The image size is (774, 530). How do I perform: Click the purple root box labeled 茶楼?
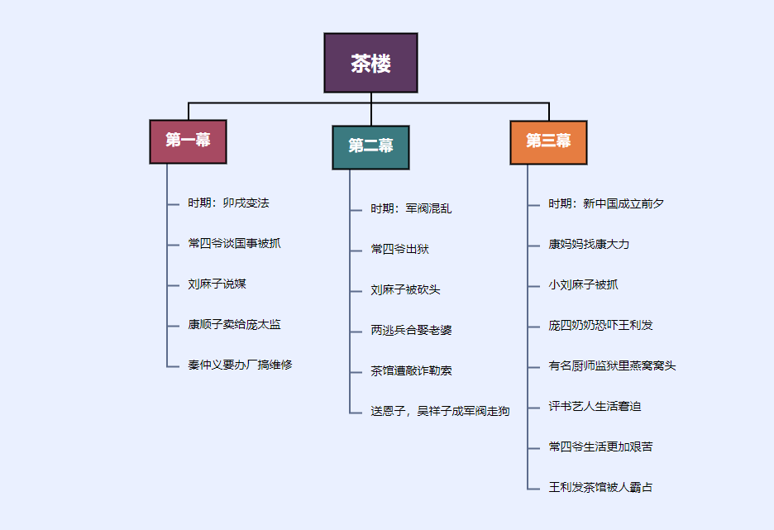click(370, 63)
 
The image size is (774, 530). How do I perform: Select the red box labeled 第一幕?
click(188, 141)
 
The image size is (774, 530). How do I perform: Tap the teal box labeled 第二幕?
click(370, 146)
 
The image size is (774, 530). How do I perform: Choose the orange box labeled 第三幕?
click(548, 141)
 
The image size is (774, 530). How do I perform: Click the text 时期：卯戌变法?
click(228, 203)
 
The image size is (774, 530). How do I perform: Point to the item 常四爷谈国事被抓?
click(234, 244)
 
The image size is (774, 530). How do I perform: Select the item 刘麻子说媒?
click(217, 284)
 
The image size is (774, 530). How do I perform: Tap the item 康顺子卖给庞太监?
click(234, 325)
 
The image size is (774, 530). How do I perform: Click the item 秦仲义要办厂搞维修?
click(240, 365)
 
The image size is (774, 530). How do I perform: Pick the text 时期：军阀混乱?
click(411, 209)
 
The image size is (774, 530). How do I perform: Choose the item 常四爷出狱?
click(399, 250)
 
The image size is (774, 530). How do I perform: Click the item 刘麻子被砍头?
click(405, 290)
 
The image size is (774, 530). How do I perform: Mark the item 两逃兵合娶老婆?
click(411, 331)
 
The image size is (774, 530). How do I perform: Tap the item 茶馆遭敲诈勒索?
click(411, 371)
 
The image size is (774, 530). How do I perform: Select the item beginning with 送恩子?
click(440, 412)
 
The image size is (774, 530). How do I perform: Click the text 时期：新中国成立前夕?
click(606, 204)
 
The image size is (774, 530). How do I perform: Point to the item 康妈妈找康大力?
click(589, 245)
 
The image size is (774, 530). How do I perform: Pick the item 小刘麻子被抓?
click(583, 285)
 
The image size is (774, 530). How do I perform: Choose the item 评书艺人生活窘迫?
click(595, 407)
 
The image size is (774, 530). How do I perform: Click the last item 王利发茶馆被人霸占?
click(600, 488)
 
